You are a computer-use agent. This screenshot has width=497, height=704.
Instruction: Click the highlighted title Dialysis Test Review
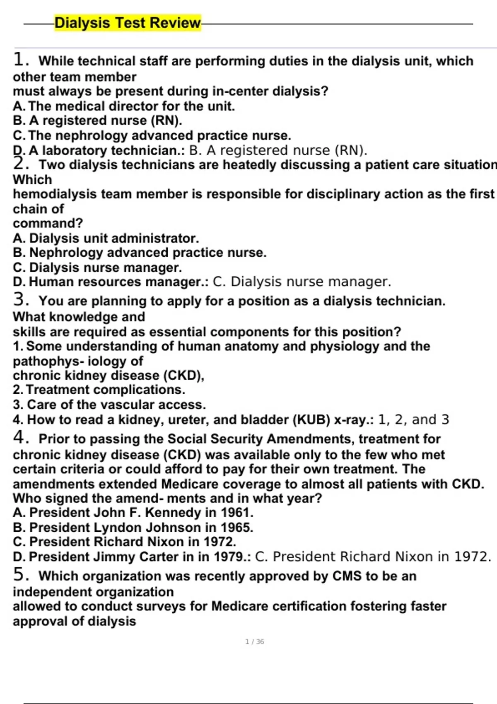(128, 23)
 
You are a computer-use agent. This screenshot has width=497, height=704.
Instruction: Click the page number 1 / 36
(254, 641)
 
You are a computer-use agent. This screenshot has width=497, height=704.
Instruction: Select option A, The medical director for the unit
(124, 106)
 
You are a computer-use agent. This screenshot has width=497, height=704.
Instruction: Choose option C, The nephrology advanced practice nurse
(152, 135)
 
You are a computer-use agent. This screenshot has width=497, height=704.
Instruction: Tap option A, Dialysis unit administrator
(106, 238)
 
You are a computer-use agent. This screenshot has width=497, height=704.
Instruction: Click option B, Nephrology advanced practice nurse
(140, 253)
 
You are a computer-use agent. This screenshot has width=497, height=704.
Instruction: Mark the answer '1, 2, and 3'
(413, 420)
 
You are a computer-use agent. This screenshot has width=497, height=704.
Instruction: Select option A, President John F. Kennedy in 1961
(133, 513)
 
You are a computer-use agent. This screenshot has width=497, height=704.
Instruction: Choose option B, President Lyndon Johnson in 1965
(133, 528)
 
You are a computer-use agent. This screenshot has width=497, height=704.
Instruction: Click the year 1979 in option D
(228, 557)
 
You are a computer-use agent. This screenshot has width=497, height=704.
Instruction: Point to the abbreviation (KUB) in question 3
(311, 420)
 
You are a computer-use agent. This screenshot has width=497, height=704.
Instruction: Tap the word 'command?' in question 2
(48, 223)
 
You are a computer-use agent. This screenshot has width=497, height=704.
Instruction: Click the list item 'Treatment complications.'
(105, 390)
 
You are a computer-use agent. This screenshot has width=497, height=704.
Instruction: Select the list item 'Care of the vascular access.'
(116, 405)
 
